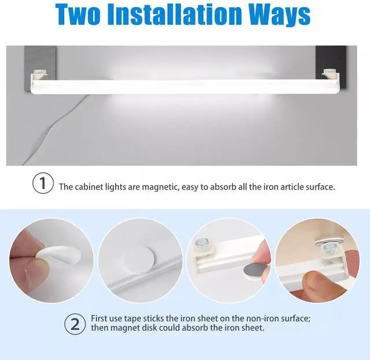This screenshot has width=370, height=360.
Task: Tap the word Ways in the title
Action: pos(280,16)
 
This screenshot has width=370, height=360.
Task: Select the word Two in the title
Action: pos(77,14)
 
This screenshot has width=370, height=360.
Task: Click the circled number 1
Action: pos(43,183)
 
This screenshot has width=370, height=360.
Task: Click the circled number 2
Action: pos(75,324)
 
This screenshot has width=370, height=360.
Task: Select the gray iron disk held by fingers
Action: pos(256,270)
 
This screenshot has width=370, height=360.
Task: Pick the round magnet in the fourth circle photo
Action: pos(329,247)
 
